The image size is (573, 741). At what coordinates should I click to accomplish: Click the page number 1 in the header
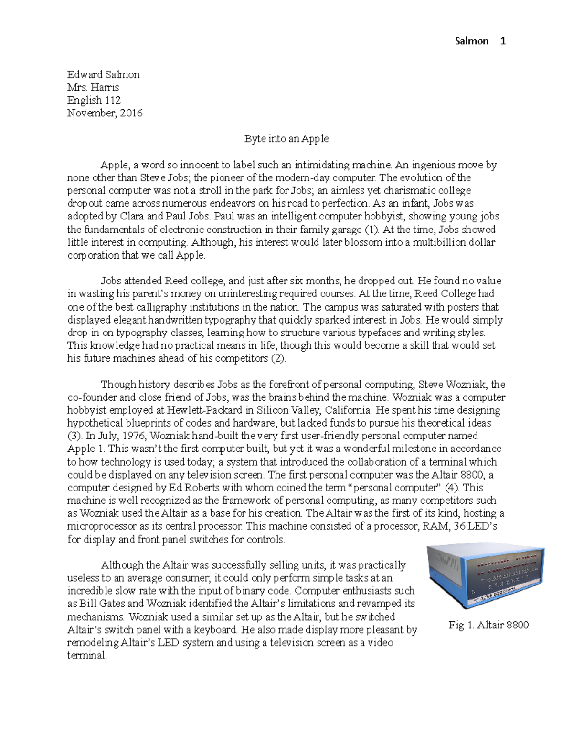pos(502,41)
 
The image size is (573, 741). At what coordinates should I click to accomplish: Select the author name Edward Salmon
pos(103,74)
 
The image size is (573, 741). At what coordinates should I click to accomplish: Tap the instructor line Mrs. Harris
pos(93,87)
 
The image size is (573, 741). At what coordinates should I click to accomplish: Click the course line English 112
pos(94,100)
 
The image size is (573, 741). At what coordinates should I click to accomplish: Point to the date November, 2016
pos(105,113)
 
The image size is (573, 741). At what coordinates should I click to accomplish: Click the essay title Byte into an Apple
pos(286,139)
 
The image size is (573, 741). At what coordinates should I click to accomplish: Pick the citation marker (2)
pos(278,358)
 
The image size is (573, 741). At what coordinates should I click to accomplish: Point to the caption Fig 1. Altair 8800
pos(488,625)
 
